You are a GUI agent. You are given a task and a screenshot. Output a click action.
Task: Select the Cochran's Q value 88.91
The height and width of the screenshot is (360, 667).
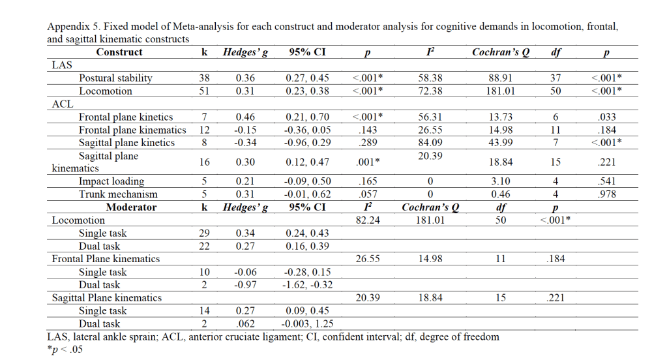(x=500, y=78)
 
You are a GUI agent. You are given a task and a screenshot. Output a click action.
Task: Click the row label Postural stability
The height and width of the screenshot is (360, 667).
(x=115, y=78)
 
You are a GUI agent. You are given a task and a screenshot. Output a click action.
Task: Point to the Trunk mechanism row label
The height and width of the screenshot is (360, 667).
(x=118, y=194)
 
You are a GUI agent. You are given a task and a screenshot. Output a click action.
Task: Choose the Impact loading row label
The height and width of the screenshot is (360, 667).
(x=111, y=181)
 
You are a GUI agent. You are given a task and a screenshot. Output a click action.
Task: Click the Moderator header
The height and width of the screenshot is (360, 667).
(x=131, y=207)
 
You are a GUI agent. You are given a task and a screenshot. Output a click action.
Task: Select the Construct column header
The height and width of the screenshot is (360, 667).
(x=119, y=52)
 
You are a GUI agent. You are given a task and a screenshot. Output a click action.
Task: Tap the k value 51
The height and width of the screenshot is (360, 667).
(x=204, y=91)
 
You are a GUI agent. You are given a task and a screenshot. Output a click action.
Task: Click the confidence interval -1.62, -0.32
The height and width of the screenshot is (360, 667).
(x=308, y=284)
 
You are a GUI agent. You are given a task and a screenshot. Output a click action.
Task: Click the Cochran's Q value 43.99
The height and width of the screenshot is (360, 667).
(x=500, y=143)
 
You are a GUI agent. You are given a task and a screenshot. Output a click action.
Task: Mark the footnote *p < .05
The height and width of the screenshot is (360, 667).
(x=66, y=349)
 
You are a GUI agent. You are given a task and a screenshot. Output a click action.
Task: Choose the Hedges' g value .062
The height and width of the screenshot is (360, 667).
(x=245, y=323)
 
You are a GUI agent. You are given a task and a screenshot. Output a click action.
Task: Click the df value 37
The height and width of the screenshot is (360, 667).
(x=556, y=78)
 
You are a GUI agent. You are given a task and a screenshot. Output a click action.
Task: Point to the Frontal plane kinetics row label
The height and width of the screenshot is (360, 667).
(x=126, y=117)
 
